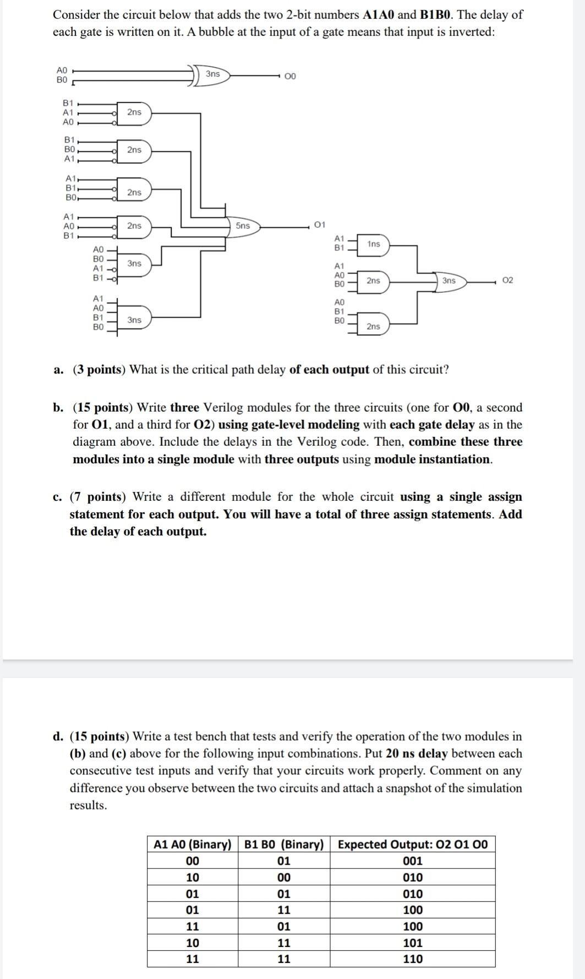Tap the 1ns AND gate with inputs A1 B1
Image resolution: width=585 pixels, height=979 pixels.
click(373, 244)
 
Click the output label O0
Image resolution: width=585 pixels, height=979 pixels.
click(291, 76)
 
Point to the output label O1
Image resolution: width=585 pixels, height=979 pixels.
click(320, 225)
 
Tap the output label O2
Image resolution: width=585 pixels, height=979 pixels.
click(508, 281)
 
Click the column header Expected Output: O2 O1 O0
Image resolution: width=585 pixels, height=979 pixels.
click(412, 844)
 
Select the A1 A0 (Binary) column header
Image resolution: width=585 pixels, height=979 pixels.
click(193, 844)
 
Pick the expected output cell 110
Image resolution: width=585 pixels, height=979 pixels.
click(413, 959)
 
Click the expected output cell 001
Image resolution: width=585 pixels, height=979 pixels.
click(413, 861)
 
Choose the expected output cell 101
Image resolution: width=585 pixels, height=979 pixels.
click(413, 943)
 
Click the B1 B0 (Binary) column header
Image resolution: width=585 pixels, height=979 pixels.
click(284, 844)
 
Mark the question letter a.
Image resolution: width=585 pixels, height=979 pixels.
click(58, 370)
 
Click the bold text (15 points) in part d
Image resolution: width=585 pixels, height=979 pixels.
click(100, 736)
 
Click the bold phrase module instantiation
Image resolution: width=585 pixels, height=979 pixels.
click(433, 459)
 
